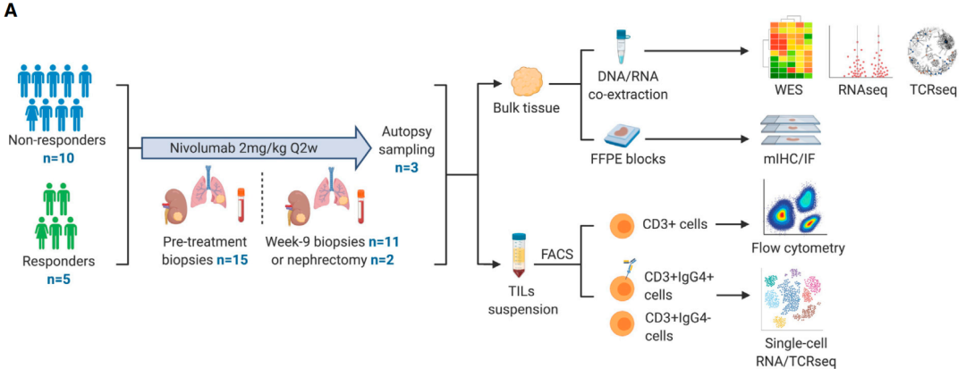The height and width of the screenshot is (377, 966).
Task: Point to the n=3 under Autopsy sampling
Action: click(x=410, y=168)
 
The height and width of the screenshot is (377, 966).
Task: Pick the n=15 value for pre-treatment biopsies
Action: click(x=225, y=260)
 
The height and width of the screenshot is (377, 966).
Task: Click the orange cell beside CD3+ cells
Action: click(x=623, y=224)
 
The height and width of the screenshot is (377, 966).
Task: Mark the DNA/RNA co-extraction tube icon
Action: click(x=620, y=45)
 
